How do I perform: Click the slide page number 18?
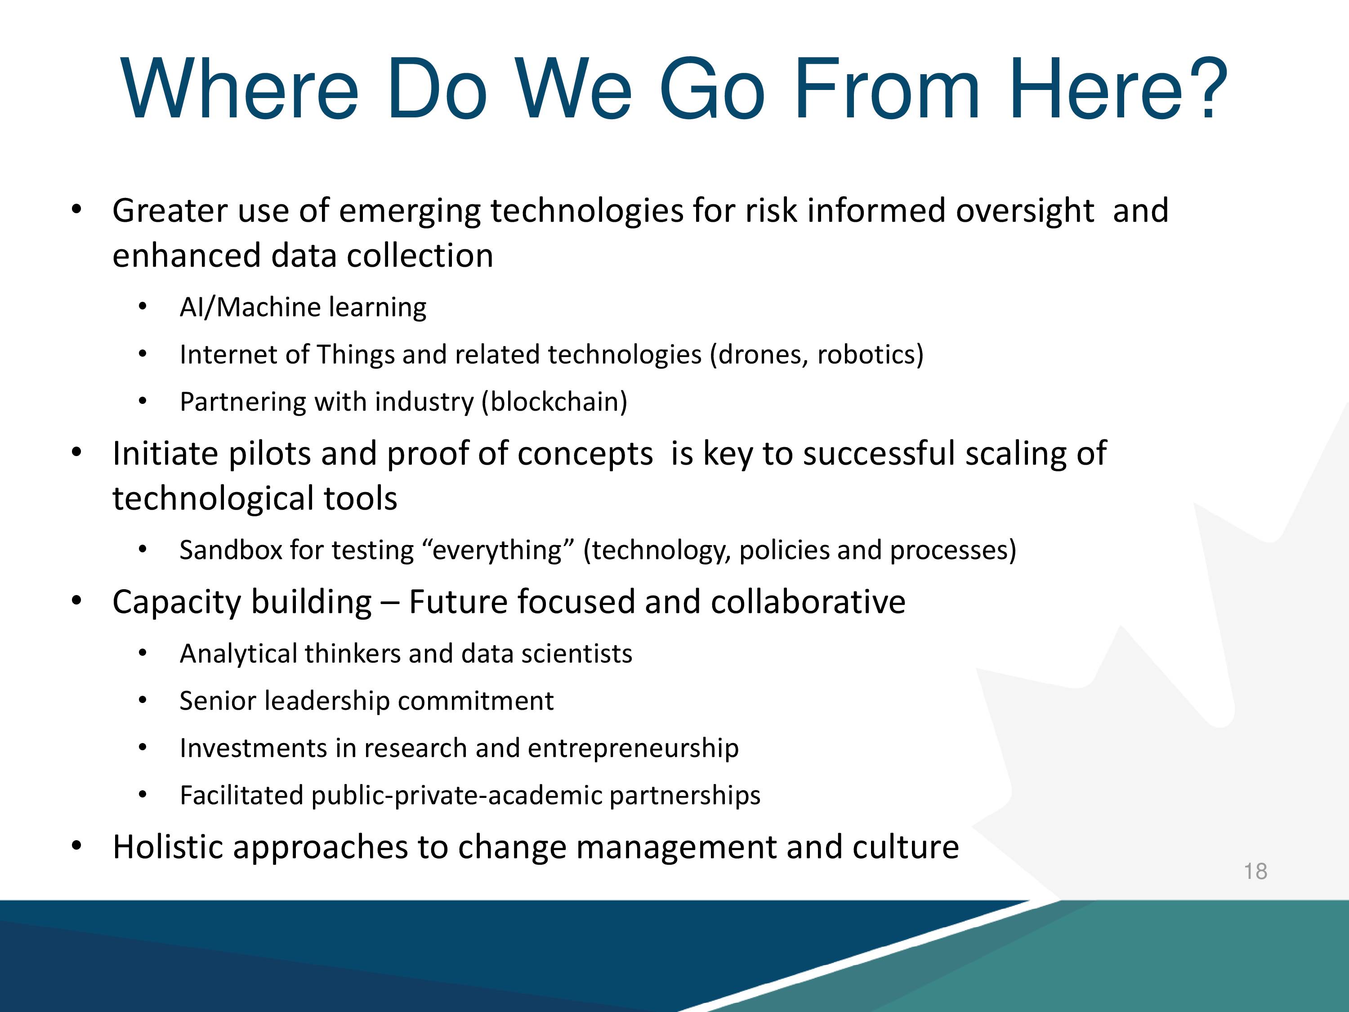pos(1255,871)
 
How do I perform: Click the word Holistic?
pos(169,846)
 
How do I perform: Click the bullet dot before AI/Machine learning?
pos(143,307)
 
